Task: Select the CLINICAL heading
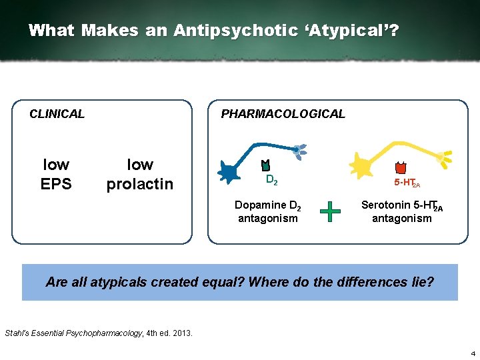click(x=57, y=114)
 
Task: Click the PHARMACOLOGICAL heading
click(x=283, y=114)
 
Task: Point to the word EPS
click(x=56, y=184)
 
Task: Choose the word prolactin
click(x=140, y=184)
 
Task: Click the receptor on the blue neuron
click(x=265, y=165)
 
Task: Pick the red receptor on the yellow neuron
click(x=401, y=168)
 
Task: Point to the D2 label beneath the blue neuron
click(x=271, y=180)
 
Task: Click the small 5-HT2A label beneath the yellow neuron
click(x=407, y=183)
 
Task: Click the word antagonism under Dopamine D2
click(x=268, y=219)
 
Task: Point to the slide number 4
click(x=471, y=353)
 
